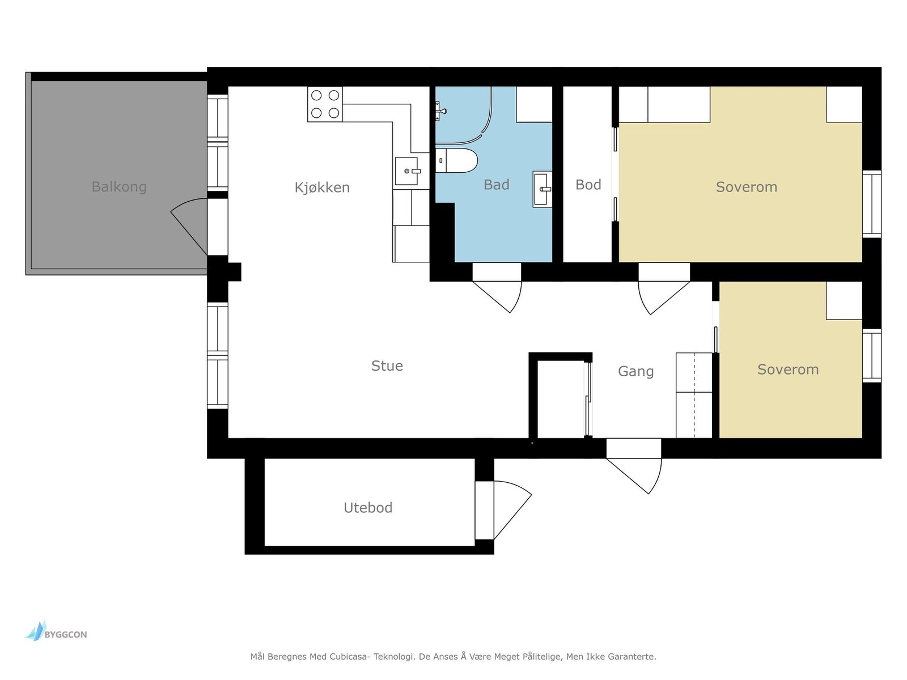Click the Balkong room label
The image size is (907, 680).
[119, 187]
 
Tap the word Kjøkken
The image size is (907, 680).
[322, 188]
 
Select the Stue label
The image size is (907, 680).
[387, 366]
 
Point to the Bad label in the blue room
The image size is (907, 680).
[496, 185]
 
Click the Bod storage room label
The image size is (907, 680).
[588, 185]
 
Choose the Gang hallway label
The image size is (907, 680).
[635, 372]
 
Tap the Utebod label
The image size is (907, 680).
[368, 507]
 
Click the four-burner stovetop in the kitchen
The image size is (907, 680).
[325, 104]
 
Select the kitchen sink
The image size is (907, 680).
[408, 171]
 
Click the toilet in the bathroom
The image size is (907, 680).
[456, 160]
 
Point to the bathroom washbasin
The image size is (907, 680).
[542, 189]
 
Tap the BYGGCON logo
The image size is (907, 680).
[56, 631]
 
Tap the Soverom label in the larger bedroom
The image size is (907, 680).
[746, 187]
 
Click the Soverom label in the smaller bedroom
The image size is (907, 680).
[787, 369]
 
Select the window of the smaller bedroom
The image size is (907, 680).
[872, 356]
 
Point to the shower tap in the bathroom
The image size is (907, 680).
[441, 111]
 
